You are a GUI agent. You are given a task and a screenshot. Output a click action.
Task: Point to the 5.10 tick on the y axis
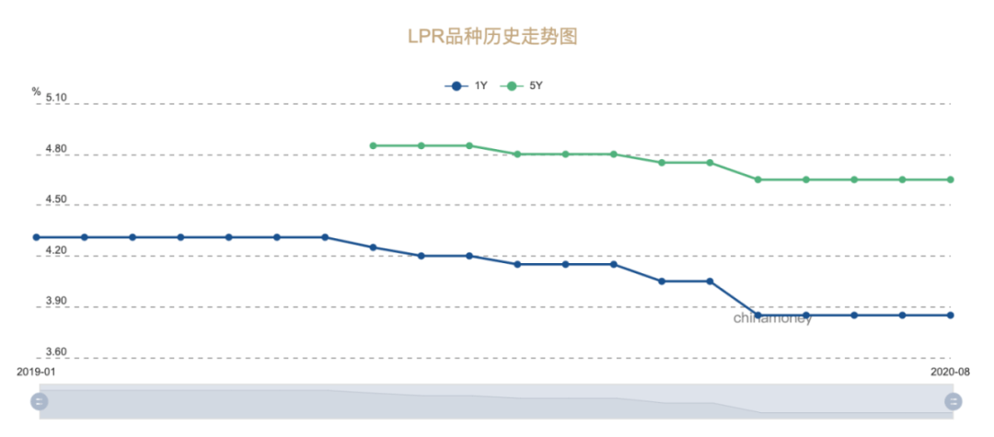tap(55, 97)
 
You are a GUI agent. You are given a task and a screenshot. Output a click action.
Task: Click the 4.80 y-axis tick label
tap(55, 148)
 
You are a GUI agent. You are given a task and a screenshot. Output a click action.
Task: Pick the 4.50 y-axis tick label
tap(55, 199)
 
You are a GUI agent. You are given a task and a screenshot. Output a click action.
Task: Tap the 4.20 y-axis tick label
tap(55, 250)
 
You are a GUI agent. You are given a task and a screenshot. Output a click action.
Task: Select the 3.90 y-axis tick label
tap(55, 301)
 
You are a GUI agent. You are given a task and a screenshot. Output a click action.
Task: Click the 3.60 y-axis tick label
tap(55, 352)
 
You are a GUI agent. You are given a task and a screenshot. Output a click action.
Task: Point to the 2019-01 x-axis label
tap(38, 373)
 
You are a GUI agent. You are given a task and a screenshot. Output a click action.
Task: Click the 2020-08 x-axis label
tap(950, 373)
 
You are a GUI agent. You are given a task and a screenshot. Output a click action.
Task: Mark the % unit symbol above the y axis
tap(37, 91)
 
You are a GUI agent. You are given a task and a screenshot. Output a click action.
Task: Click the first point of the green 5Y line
tap(373, 145)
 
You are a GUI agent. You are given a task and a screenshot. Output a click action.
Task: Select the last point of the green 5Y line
tap(951, 179)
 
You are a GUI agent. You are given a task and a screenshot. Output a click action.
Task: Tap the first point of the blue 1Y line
tap(37, 237)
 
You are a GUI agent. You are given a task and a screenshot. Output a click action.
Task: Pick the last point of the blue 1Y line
tap(951, 316)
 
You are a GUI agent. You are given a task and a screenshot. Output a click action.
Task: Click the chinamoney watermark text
tap(772, 319)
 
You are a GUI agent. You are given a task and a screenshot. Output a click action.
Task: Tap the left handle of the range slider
tap(39, 401)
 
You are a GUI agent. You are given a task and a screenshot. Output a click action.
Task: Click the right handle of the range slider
tap(954, 401)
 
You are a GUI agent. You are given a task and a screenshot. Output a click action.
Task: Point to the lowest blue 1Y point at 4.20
tap(422, 256)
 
